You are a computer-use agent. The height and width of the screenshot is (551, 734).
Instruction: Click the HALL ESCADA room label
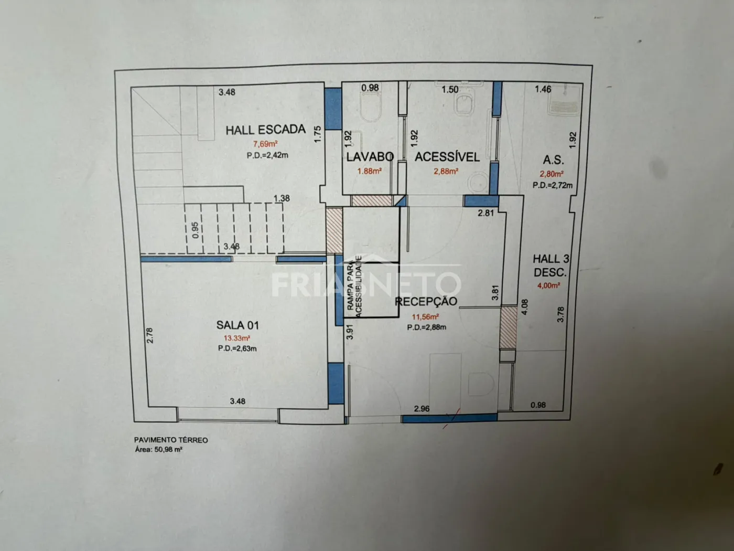(265, 130)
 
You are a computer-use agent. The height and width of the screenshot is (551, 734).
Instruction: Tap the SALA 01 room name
(238, 325)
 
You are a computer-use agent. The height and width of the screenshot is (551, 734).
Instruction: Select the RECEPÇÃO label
(426, 301)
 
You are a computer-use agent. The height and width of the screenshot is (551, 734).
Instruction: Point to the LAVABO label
(370, 157)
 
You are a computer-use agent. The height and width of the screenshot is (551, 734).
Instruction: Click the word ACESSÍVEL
(447, 157)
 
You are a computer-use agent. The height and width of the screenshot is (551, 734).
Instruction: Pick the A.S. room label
(554, 160)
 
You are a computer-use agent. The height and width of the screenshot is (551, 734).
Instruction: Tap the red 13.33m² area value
(237, 338)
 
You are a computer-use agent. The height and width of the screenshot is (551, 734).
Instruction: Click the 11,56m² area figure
(425, 317)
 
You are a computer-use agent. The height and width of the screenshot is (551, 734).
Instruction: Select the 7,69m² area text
(265, 144)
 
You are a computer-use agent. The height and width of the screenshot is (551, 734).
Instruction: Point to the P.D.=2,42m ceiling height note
(267, 155)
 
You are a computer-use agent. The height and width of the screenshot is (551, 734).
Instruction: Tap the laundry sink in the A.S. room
(564, 104)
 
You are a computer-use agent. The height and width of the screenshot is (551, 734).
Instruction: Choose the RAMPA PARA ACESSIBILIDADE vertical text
(354, 287)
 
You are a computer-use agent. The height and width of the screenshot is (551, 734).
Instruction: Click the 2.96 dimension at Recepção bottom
(422, 409)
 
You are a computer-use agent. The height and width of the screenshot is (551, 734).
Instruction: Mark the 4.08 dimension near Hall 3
(525, 307)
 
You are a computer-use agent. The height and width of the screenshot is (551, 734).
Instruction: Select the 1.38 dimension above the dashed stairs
(282, 198)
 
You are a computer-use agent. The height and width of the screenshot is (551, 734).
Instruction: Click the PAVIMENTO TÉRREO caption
(171, 440)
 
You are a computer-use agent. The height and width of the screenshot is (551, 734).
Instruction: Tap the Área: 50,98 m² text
(158, 450)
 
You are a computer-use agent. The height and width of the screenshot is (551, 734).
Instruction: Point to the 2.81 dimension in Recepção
(485, 213)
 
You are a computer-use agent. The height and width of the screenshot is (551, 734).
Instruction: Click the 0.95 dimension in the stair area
(195, 230)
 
